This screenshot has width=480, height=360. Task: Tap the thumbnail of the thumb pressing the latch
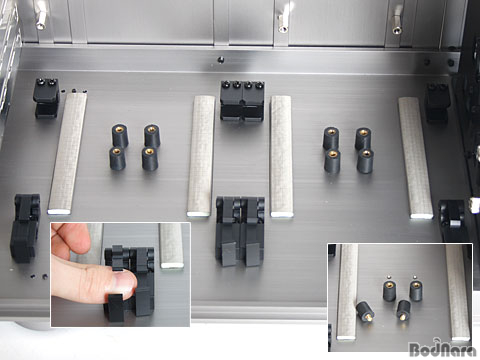pyautogui.click(x=120, y=274)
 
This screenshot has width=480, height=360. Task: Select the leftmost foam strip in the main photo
pyautogui.click(x=68, y=153)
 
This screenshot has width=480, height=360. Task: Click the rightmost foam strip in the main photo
pyautogui.click(x=415, y=158)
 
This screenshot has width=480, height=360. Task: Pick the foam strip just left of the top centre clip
pyautogui.click(x=201, y=156)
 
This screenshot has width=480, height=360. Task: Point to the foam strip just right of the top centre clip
pyautogui.click(x=281, y=156)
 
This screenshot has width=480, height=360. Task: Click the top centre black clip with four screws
pyautogui.click(x=242, y=100)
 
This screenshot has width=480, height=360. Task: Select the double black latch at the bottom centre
pyautogui.click(x=240, y=231)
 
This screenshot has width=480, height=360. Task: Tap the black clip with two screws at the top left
pyautogui.click(x=47, y=98)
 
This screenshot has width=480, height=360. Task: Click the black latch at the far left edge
pyautogui.click(x=25, y=228)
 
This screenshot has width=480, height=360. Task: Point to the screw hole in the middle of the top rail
pyautogui.click(x=220, y=60)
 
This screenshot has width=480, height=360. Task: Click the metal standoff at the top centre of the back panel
pyautogui.click(x=284, y=19)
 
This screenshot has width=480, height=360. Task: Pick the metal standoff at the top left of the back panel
pyautogui.click(x=42, y=16)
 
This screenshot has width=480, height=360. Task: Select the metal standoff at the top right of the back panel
pyautogui.click(x=397, y=21)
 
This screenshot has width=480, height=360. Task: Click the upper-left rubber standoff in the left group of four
pyautogui.click(x=120, y=136)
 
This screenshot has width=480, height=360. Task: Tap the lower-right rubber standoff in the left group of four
pyautogui.click(x=150, y=159)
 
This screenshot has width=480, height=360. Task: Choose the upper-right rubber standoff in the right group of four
pyautogui.click(x=363, y=139)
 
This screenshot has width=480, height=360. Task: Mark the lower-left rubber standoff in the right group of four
pyautogui.click(x=332, y=161)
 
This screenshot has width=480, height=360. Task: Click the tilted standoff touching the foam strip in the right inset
pyautogui.click(x=365, y=311)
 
